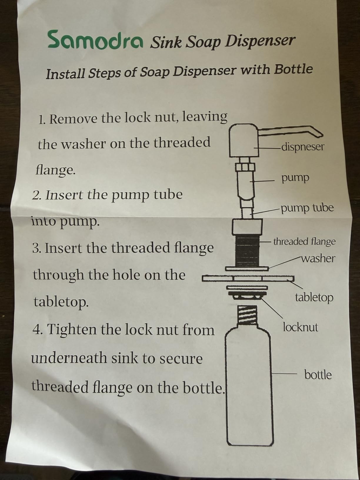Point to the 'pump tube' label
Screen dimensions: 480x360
point(307,208)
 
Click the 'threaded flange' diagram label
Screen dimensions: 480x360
point(304,241)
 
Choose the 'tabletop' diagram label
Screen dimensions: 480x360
point(314,297)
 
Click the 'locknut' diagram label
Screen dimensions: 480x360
point(300,327)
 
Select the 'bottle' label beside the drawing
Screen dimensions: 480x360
point(318,375)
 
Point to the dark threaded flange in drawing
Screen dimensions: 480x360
point(248,249)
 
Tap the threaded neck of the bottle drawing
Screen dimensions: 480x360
point(247,314)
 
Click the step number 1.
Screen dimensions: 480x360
point(41,119)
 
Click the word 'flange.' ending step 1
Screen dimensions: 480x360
point(56,170)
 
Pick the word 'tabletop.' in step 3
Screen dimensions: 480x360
point(61,302)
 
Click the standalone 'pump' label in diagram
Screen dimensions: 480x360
point(295,178)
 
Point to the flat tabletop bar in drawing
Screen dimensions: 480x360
point(248,278)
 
